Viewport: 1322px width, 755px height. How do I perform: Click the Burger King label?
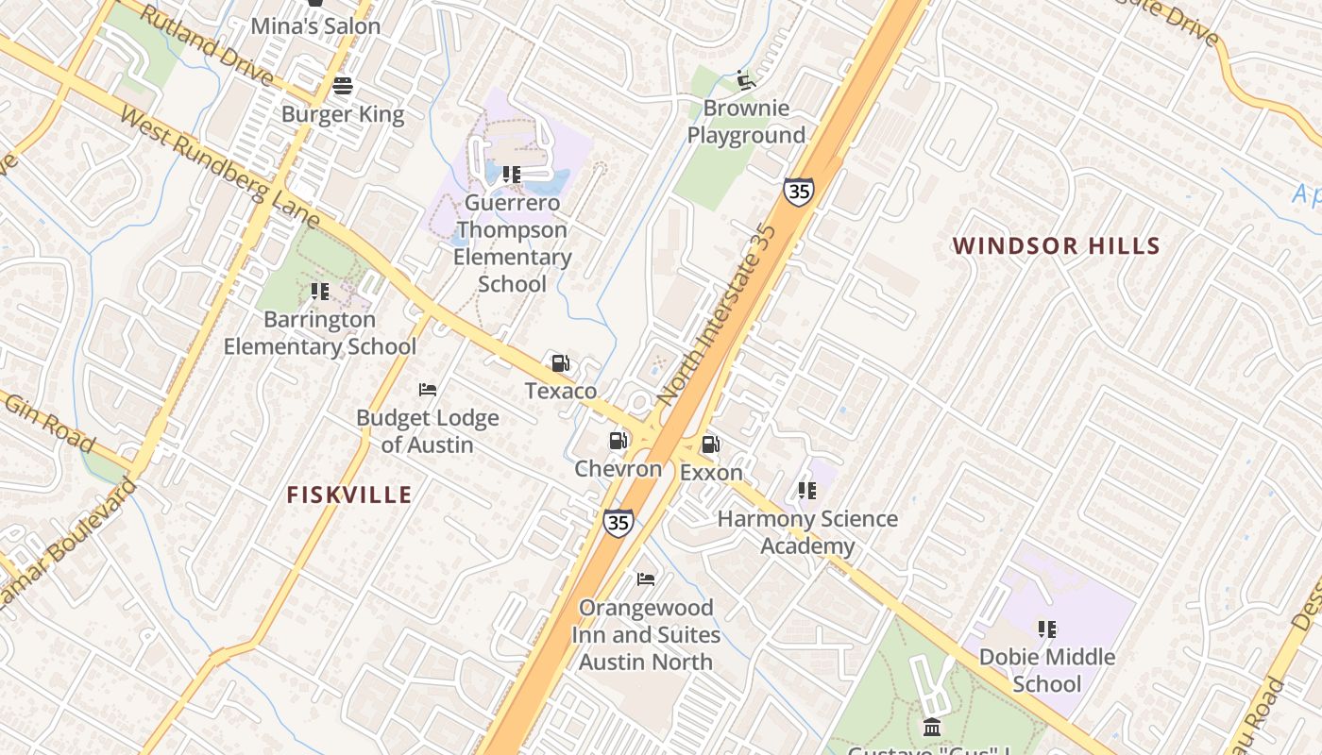click(x=343, y=115)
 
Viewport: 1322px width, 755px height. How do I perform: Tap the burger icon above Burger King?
click(x=343, y=86)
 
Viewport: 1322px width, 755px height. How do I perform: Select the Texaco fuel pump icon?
click(x=560, y=363)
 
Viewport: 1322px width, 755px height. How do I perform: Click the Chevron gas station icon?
click(x=618, y=441)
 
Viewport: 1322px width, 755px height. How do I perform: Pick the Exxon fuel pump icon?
click(x=710, y=445)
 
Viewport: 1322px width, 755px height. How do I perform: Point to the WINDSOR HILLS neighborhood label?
click(x=1056, y=246)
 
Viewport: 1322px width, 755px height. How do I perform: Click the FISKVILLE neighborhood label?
click(x=349, y=495)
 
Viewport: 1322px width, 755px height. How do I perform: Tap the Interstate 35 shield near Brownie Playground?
click(x=798, y=192)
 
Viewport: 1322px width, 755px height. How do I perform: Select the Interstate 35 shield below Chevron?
click(x=618, y=521)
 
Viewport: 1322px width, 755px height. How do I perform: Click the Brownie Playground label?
click(x=746, y=122)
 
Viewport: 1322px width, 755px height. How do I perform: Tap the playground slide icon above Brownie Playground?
click(x=746, y=80)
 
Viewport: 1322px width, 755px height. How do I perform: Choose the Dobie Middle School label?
click(x=1046, y=670)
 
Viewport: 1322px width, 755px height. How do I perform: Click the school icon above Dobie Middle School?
click(x=1046, y=629)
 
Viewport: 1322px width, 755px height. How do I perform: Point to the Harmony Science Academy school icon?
click(x=806, y=491)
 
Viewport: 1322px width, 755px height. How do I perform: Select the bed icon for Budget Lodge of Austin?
click(x=427, y=389)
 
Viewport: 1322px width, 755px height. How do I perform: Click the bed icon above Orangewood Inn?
click(x=646, y=579)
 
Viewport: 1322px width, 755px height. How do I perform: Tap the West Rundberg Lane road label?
click(x=219, y=170)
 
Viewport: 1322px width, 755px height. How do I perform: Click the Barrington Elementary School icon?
click(x=320, y=292)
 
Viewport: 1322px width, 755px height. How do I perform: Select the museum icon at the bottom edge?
click(x=932, y=727)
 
